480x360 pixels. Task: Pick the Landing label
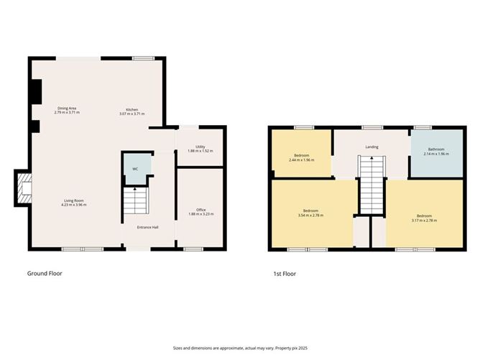coord(371,147)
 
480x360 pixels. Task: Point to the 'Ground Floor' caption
coord(48,274)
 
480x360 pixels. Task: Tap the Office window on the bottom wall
coord(192,249)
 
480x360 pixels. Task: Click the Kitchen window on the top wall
coord(142,58)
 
